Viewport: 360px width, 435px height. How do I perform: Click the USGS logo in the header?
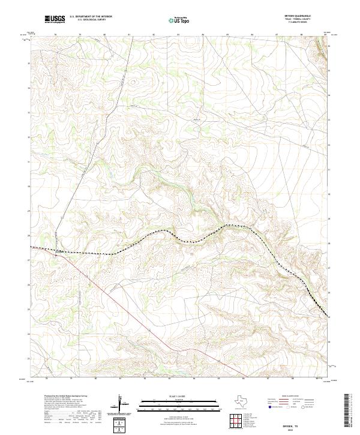point(55,19)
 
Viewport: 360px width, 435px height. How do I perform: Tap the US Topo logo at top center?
point(182,19)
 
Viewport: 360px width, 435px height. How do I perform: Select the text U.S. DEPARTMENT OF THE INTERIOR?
point(91,17)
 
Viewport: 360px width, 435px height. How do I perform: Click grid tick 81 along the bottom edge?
point(121,379)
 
